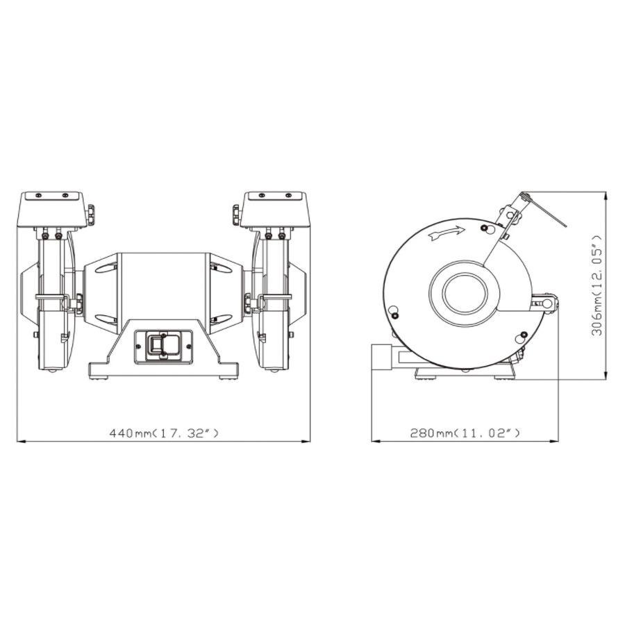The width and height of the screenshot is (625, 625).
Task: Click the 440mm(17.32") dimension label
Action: click(x=164, y=433)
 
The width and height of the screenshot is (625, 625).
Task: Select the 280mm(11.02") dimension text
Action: click(x=465, y=433)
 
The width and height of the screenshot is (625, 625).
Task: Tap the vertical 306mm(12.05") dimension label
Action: click(x=597, y=285)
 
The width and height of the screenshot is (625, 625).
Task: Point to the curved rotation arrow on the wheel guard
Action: click(x=445, y=235)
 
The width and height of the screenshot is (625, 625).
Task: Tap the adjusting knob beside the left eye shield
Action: click(x=92, y=214)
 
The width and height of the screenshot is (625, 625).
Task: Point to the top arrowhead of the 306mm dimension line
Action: click(x=607, y=197)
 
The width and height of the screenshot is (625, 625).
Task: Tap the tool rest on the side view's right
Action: click(x=545, y=303)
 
